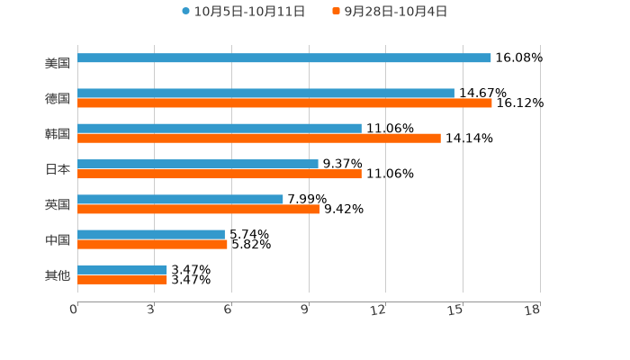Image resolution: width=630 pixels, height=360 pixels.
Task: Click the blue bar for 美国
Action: (284, 58)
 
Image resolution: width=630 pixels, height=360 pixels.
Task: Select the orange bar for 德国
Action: (284, 103)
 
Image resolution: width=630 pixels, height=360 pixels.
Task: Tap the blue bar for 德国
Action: (265, 93)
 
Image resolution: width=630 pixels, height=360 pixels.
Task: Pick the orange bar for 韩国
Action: (259, 139)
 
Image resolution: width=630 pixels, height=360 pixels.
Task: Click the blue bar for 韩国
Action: (220, 128)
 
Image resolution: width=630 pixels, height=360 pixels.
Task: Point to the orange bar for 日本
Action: (220, 174)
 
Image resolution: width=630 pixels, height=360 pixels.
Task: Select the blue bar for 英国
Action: (180, 199)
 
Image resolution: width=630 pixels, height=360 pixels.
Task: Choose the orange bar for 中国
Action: (152, 244)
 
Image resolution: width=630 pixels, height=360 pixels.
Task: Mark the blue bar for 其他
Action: (122, 269)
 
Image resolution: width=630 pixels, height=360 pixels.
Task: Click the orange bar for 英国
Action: (198, 210)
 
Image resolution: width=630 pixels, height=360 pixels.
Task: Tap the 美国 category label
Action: (58, 63)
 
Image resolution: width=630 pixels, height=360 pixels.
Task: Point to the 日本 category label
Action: (58, 169)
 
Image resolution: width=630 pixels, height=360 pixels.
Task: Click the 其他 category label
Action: (58, 274)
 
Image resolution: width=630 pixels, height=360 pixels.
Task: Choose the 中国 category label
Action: (58, 239)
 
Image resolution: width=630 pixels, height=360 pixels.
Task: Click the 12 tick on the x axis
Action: (379, 310)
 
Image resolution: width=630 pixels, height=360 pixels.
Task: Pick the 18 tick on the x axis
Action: (533, 310)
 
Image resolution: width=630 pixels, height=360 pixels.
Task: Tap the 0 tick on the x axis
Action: (75, 310)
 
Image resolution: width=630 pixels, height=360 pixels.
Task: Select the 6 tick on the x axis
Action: (229, 310)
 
